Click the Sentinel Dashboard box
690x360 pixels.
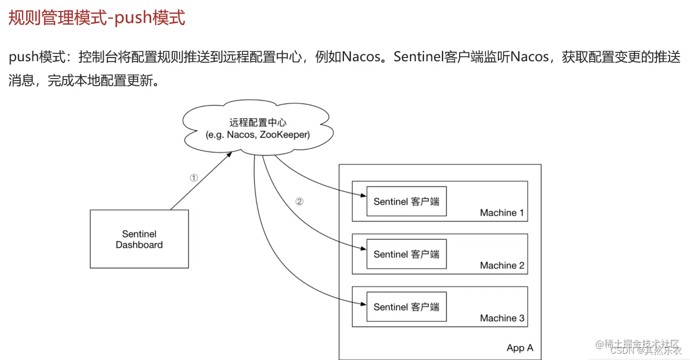[139, 239]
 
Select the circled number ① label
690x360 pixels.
[194, 178]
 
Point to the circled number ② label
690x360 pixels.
[299, 201]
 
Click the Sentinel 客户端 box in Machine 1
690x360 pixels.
[406, 201]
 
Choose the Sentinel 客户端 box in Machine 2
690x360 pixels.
[406, 254]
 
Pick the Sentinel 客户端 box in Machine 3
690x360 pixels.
[406, 307]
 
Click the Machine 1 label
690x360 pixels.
[502, 213]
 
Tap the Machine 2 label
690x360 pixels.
[502, 266]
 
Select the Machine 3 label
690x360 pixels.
[502, 318]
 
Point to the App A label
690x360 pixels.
[520, 348]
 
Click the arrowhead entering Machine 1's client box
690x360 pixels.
[363, 196]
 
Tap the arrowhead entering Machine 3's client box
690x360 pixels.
[363, 303]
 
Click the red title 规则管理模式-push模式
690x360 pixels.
[97, 18]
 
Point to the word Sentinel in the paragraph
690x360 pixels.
[417, 57]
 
